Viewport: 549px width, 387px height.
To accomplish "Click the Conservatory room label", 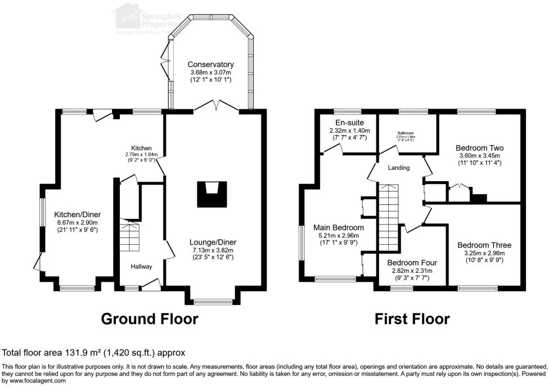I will [210, 64].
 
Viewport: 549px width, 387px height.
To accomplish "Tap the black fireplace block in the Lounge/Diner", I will [211, 195].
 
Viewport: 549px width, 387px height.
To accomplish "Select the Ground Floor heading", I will [149, 319].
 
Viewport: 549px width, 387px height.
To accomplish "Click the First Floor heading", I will [412, 319].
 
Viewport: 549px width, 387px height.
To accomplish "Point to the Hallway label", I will [142, 266].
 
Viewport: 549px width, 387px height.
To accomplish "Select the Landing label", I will [399, 168].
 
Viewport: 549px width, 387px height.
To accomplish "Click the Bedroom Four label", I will [412, 263].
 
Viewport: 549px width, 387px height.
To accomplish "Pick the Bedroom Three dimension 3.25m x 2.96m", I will [484, 253].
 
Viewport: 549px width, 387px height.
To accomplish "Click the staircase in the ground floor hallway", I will [129, 236].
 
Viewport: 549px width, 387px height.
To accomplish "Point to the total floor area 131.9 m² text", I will [94, 353].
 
